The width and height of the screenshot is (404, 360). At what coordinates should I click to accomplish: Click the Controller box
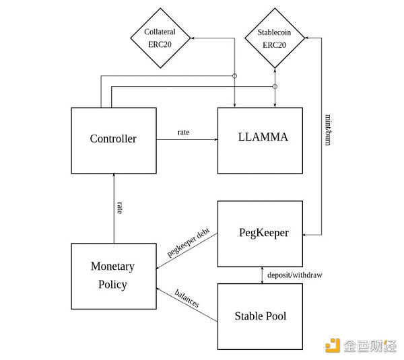[x=113, y=139]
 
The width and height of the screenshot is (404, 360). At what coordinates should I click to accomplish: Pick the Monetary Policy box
[x=113, y=275]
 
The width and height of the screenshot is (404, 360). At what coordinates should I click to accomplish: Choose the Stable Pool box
[x=260, y=316]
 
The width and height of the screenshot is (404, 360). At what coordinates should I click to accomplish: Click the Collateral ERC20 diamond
[x=160, y=38]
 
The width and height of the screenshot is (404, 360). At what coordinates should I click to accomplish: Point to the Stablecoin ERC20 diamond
[x=274, y=38]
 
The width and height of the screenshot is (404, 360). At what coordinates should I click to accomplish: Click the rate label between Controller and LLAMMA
[x=183, y=132]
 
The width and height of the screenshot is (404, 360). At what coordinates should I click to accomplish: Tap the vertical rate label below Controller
[x=120, y=207]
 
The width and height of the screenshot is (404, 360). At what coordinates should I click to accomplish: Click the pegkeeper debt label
[x=189, y=242]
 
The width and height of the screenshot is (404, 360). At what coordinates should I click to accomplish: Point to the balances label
[x=187, y=298]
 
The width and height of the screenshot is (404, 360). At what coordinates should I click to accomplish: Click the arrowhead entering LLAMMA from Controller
[x=215, y=139]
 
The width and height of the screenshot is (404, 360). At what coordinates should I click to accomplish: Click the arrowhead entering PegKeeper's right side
[x=306, y=235]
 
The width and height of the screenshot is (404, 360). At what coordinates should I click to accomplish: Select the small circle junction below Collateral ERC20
[x=234, y=75]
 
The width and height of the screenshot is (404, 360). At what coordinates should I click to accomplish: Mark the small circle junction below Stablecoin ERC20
[x=275, y=87]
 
